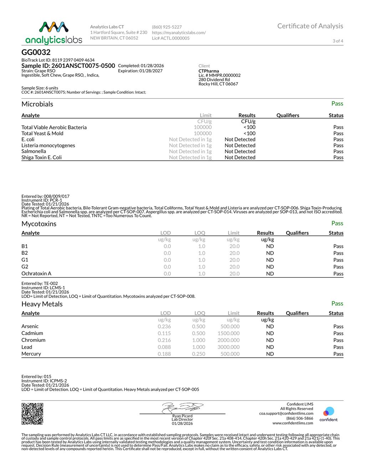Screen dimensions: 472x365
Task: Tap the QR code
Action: click(x=32, y=414)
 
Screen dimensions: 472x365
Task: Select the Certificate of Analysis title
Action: click(x=310, y=26)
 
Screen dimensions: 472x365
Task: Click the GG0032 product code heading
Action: click(x=36, y=52)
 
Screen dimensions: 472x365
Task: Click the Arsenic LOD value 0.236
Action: click(x=164, y=326)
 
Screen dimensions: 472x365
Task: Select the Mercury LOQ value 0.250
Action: click(x=199, y=354)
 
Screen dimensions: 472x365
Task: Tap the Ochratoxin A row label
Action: click(x=36, y=274)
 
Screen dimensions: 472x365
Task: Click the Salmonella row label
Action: click(x=34, y=151)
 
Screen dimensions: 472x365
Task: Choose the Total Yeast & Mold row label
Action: click(x=42, y=133)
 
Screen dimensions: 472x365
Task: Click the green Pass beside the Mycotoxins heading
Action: click(x=337, y=223)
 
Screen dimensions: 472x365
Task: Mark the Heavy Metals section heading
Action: click(x=42, y=304)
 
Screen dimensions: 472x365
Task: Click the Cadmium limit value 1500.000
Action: click(x=228, y=333)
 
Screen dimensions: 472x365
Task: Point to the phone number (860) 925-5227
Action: click(x=167, y=27)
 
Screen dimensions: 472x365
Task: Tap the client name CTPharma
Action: click(x=209, y=71)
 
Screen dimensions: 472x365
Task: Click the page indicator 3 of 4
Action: click(x=338, y=41)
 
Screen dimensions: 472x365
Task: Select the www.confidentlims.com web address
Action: click(x=293, y=423)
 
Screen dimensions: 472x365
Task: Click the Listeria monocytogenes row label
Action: click(x=48, y=145)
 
